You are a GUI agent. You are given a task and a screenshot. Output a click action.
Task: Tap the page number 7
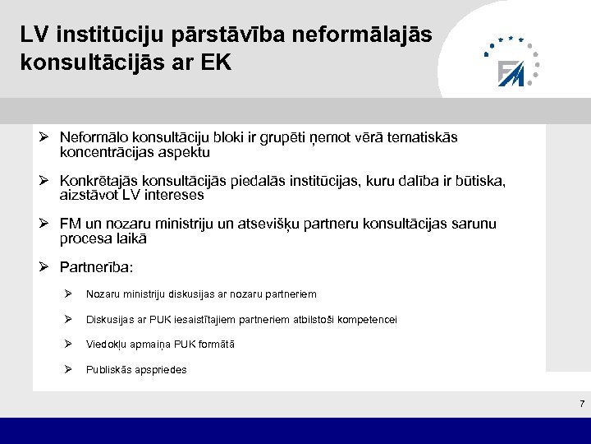pyautogui.click(x=581, y=404)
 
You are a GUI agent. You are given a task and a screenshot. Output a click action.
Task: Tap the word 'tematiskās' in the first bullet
pyautogui.click(x=425, y=137)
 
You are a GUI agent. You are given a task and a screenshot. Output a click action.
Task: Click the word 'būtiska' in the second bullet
pyautogui.click(x=480, y=181)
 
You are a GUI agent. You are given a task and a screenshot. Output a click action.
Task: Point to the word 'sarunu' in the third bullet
pyautogui.click(x=474, y=224)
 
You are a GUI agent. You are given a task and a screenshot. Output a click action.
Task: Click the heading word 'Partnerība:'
pyautogui.click(x=96, y=268)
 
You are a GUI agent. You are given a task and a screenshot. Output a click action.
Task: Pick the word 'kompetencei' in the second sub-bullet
pyautogui.click(x=366, y=319)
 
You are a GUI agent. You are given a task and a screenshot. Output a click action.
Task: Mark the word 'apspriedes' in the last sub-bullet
pyautogui.click(x=159, y=370)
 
